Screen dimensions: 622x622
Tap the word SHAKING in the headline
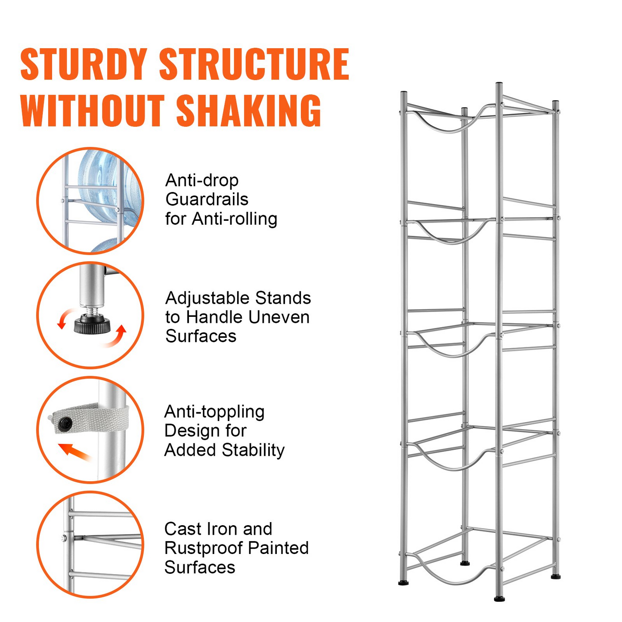click(249, 110)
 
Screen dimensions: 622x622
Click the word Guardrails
click(207, 199)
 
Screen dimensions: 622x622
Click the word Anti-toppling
click(214, 412)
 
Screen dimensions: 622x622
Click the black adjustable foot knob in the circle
click(92, 324)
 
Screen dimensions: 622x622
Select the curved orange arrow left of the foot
click(66, 318)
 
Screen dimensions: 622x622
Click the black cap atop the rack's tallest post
click(499, 84)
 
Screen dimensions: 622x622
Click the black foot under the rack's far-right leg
click(556, 576)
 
